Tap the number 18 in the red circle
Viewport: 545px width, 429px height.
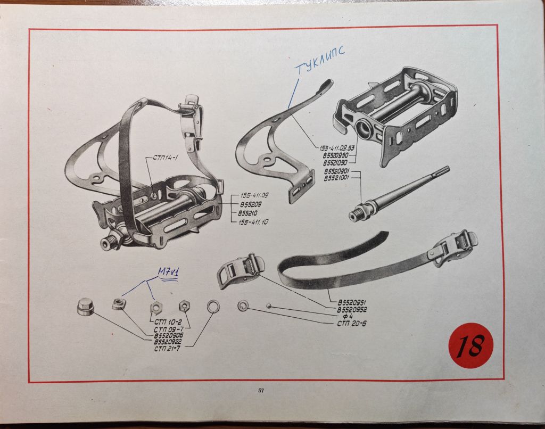(x=471, y=345)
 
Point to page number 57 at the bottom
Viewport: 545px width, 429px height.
(x=261, y=391)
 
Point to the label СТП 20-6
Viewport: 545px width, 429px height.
(x=352, y=323)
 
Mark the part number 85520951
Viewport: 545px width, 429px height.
(x=352, y=302)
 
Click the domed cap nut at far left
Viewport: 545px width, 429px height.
(x=85, y=307)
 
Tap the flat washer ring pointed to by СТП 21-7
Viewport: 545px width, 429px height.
(x=213, y=306)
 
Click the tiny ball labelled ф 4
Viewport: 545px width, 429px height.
(x=270, y=306)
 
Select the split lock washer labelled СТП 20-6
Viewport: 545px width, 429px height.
(x=243, y=306)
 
